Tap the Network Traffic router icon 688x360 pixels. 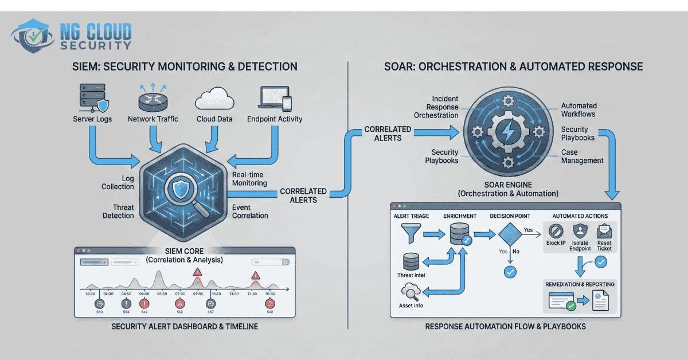[x=153, y=99]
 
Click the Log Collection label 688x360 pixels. [x=118, y=182]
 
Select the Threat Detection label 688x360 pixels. [x=118, y=212]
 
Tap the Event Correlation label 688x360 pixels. [x=250, y=212]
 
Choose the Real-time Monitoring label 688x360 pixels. [x=249, y=178]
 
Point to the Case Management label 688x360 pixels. [x=582, y=156]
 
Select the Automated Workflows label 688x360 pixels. [x=578, y=109]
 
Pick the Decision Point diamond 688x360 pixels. [x=509, y=236]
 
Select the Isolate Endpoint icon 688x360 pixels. [x=580, y=231]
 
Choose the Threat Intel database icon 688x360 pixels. [x=411, y=262]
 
